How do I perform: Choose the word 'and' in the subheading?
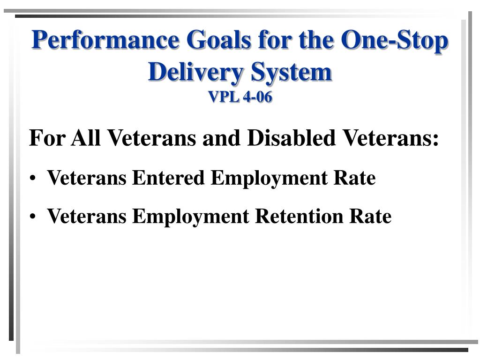coord(223,138)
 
